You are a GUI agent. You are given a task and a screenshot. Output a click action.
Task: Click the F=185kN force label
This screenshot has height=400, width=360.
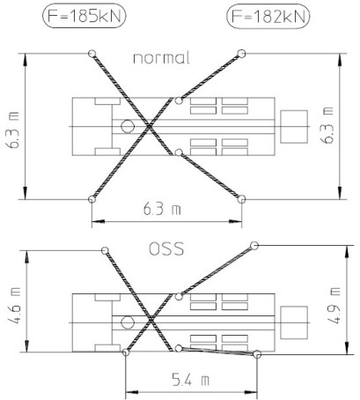(x=84, y=17)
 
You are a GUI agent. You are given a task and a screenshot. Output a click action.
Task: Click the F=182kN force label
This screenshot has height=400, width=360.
(x=268, y=17)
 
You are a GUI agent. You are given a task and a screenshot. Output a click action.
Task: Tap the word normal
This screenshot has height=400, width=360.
(x=161, y=58)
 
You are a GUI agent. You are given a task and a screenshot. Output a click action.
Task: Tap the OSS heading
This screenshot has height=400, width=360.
(x=166, y=248)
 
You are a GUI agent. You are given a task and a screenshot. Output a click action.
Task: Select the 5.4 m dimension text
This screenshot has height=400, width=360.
(x=190, y=381)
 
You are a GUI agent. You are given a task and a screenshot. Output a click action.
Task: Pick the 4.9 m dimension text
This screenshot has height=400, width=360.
(x=334, y=306)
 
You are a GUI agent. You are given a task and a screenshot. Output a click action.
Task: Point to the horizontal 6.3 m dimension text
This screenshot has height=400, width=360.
(x=162, y=210)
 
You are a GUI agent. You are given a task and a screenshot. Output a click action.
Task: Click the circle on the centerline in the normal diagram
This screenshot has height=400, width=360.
(x=128, y=127)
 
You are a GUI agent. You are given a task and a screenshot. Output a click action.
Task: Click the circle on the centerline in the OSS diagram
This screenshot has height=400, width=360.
(x=128, y=322)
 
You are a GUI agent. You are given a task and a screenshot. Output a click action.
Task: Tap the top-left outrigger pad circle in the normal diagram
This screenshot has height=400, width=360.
(x=92, y=54)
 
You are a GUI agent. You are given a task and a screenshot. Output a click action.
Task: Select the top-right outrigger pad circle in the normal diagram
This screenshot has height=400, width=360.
(x=241, y=54)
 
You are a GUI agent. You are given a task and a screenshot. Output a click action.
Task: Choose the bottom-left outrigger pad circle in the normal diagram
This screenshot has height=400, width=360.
(x=92, y=199)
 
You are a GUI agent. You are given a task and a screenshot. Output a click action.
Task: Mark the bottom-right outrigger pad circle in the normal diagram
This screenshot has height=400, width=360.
(x=241, y=199)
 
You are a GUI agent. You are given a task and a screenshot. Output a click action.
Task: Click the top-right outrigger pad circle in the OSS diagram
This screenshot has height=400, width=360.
(x=254, y=246)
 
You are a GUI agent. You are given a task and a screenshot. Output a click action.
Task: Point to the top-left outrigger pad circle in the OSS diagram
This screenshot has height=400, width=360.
(x=105, y=250)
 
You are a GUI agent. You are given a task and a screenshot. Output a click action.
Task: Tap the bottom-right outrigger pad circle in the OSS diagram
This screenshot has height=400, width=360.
(x=257, y=354)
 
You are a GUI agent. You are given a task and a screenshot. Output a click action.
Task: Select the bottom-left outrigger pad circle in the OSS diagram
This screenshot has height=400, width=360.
(x=126, y=352)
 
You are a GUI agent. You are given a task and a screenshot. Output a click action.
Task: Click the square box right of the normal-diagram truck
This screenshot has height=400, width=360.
(x=294, y=127)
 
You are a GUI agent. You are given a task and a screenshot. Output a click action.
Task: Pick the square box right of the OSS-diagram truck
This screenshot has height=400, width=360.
(x=294, y=322)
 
